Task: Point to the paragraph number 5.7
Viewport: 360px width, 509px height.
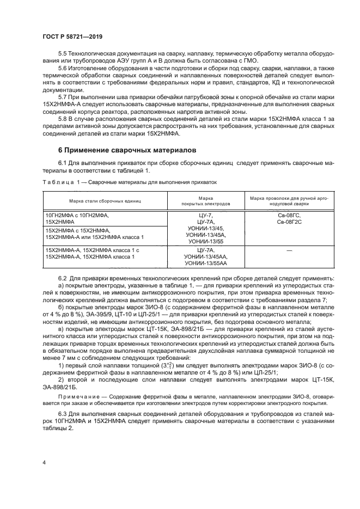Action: (64, 97)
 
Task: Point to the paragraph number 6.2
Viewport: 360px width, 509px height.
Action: (64, 278)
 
